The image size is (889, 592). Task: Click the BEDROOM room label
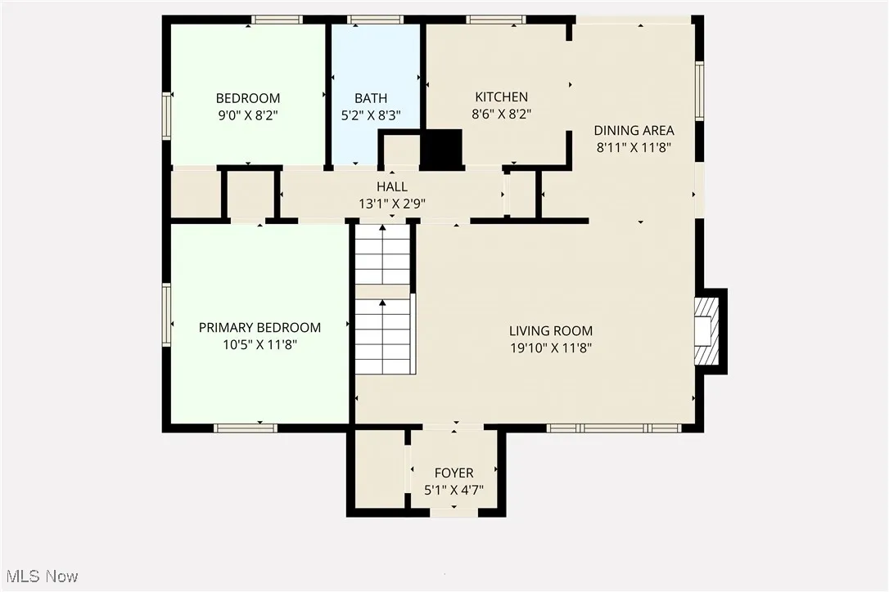248,98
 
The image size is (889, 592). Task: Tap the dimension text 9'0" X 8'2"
248,115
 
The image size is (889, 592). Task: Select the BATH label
371,98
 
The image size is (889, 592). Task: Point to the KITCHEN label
502,97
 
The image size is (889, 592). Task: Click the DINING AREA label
634,131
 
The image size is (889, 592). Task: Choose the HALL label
392,187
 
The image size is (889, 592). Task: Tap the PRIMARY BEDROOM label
259,327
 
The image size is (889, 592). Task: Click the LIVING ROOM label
550,331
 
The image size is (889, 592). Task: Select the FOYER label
454,473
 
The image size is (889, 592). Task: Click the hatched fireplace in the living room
706,331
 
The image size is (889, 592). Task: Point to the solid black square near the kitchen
441,149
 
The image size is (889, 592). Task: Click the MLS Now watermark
40,576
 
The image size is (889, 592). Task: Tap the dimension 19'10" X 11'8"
550,348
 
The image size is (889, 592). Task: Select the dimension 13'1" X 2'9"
392,203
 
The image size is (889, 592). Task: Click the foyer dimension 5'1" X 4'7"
454,490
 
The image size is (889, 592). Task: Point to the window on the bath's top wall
375,20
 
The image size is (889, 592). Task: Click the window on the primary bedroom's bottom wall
245,427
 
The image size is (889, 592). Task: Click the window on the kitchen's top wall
496,20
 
